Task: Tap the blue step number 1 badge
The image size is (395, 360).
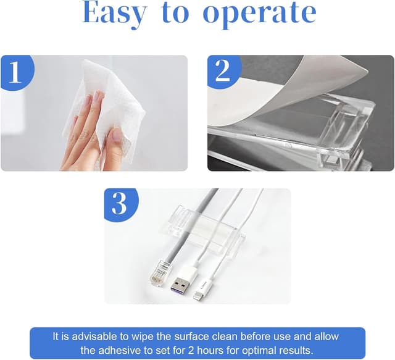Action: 15,72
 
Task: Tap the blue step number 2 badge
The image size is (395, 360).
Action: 222,71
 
